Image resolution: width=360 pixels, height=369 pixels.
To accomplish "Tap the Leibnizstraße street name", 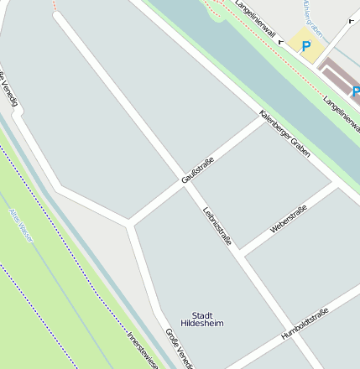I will coord(217,226).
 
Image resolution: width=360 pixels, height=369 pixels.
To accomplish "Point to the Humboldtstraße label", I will coord(305,324).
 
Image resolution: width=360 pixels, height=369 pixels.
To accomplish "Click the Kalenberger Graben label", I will coord(285,134).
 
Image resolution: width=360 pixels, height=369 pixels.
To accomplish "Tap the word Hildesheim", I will coord(202,323).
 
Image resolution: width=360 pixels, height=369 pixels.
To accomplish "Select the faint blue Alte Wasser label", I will coord(21,225).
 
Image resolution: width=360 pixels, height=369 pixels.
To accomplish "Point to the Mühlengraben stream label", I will coord(311,12).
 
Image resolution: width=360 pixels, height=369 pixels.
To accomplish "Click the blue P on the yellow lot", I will coord(305,47).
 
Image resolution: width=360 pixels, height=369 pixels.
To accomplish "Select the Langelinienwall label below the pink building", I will coord(342,110).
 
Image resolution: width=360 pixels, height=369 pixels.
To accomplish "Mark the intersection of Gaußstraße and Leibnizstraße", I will coord(185,186).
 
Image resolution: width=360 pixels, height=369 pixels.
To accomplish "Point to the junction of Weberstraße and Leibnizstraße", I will coord(241,253).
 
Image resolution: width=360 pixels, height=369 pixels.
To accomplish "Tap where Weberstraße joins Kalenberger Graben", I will coord(337,185).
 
